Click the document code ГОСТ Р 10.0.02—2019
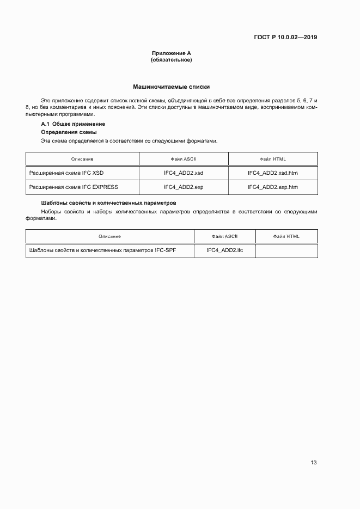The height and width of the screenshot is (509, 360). click(x=285, y=38)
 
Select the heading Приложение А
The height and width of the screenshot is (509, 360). click(x=171, y=53)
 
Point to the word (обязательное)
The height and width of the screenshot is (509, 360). click(x=171, y=60)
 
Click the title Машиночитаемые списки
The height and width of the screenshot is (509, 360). click(x=171, y=87)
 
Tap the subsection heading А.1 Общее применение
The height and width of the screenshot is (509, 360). click(x=69, y=124)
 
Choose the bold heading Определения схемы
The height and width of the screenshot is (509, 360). click(x=69, y=132)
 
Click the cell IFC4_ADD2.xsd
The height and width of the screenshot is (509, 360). click(x=184, y=173)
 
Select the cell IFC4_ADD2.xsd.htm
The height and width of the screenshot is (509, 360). click(x=272, y=173)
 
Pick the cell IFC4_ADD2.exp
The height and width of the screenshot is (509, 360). click(x=184, y=187)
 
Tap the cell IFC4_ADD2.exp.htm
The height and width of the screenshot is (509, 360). click(x=272, y=187)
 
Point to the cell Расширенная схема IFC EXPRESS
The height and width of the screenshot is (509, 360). click(x=73, y=187)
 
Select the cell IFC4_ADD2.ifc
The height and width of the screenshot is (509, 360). click(x=224, y=250)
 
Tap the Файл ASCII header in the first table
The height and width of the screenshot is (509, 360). click(x=184, y=159)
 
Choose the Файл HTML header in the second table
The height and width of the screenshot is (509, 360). click(x=286, y=236)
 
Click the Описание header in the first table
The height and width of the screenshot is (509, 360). click(x=82, y=159)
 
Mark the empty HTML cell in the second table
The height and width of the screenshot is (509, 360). click(x=286, y=250)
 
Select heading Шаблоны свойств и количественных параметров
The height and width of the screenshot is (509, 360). click(x=109, y=203)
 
